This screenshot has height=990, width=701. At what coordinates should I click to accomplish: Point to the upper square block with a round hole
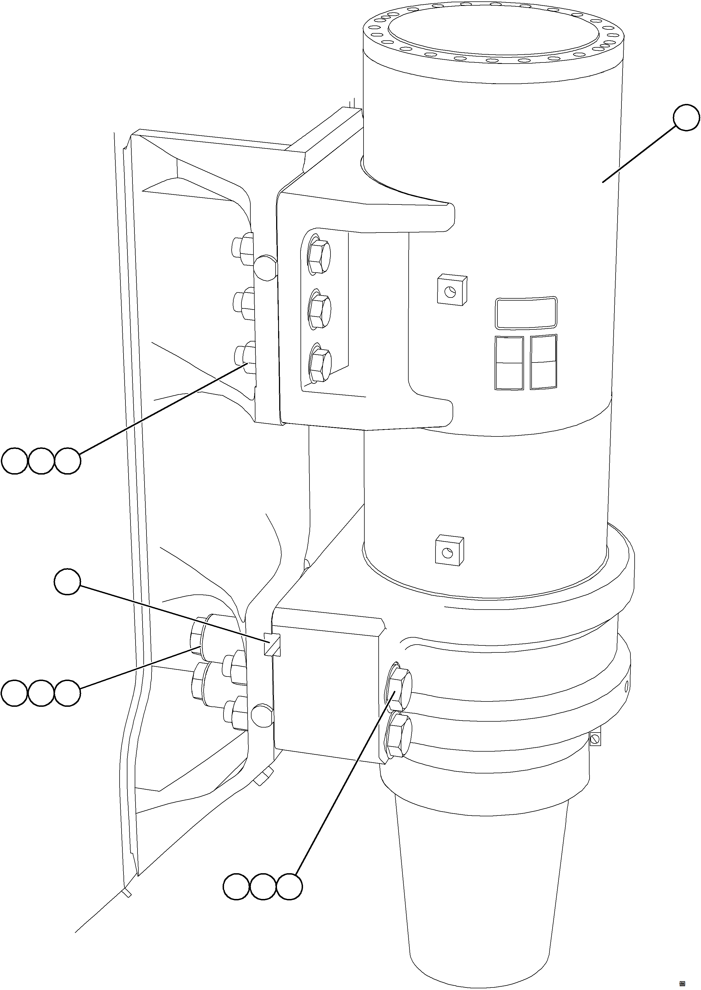[451, 291]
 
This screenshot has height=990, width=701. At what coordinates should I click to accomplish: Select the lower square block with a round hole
[449, 550]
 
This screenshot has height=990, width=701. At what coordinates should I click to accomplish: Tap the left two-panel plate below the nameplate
[509, 363]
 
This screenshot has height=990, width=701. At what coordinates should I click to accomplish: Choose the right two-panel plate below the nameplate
[543, 362]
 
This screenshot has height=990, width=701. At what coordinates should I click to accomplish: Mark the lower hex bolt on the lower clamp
[399, 735]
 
